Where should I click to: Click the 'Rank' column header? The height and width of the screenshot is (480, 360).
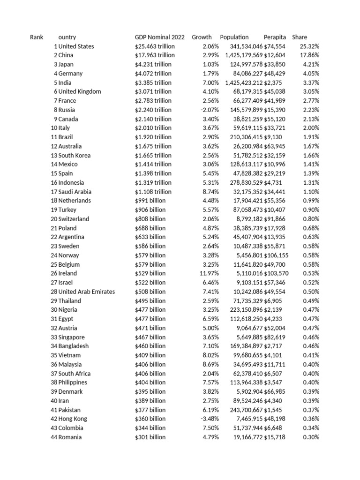point(36,37)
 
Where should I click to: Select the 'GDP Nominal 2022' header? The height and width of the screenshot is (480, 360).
point(159,37)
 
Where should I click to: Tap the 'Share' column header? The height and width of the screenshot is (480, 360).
point(300,37)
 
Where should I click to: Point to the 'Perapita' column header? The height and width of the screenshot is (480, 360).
point(275,37)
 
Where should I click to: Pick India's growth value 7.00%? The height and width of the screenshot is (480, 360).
point(210,82)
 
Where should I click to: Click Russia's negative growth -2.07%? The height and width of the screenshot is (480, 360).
point(210,110)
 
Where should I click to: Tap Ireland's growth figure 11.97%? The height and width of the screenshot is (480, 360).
point(209,273)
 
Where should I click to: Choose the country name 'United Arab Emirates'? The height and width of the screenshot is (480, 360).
point(87,292)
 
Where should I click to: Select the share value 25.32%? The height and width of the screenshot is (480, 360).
point(309,46)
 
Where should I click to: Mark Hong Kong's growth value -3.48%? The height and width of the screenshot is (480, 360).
point(210,419)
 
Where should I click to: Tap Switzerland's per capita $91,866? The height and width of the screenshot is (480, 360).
point(275,219)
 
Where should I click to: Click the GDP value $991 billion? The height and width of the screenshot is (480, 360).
point(150,201)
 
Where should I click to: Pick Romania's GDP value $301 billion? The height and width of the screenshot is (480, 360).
point(150,437)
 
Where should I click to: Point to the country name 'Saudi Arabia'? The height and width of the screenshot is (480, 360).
point(75,192)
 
